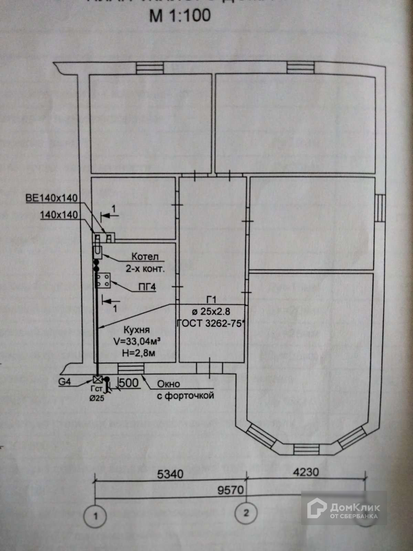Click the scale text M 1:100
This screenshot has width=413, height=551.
click(180, 16)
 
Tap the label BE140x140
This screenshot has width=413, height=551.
click(52, 198)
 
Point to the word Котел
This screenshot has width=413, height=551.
click(145, 257)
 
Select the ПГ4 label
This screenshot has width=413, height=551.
click(147, 287)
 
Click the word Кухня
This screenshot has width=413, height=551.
click(137, 330)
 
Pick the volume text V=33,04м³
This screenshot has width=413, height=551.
click(138, 341)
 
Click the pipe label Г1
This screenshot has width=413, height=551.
click(211, 300)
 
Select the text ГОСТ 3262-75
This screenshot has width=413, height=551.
click(211, 323)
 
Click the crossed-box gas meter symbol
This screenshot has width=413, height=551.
click(98, 380)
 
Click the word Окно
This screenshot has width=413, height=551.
click(168, 384)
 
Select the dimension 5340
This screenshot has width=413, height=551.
click(170, 474)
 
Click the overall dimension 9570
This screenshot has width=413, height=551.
click(230, 490)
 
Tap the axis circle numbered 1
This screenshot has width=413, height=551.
click(95, 516)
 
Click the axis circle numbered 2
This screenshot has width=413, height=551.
click(246, 513)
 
